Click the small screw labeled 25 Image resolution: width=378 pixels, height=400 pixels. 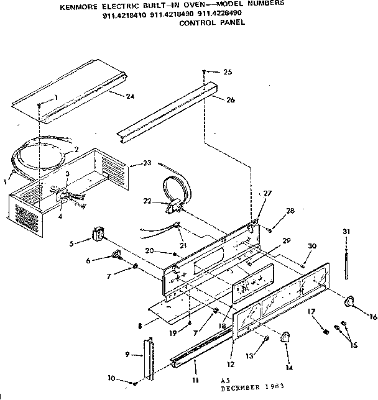tap(205, 73)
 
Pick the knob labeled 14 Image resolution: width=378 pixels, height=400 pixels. tap(286, 337)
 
